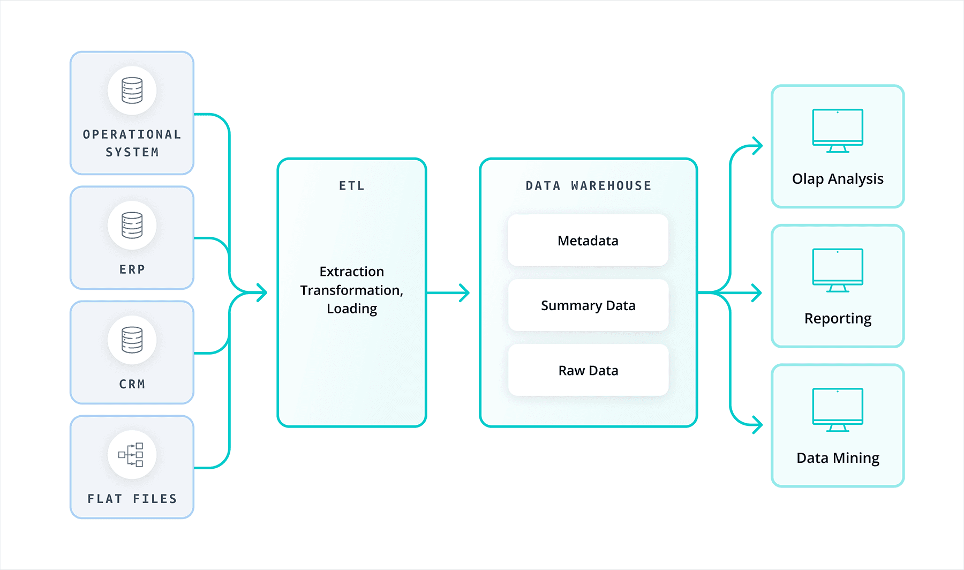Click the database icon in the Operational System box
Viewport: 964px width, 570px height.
click(x=132, y=90)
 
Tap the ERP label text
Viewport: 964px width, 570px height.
click(x=132, y=269)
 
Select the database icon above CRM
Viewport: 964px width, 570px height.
click(x=132, y=340)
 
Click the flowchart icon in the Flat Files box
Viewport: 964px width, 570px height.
click(x=131, y=455)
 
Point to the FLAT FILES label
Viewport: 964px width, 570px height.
click(x=132, y=499)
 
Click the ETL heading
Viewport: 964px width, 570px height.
click(x=352, y=186)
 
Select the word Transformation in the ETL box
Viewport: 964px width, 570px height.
click(x=351, y=290)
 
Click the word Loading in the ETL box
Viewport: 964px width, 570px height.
click(x=352, y=309)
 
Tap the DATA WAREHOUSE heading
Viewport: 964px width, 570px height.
click(x=588, y=186)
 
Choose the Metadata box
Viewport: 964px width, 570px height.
click(x=588, y=241)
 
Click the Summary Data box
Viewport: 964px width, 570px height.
click(x=588, y=305)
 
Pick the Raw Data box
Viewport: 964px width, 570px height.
click(x=588, y=370)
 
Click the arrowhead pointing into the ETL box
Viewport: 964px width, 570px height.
click(x=262, y=292)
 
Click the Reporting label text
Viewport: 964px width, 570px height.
click(x=838, y=318)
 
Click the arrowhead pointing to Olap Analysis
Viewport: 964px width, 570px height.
click(x=757, y=146)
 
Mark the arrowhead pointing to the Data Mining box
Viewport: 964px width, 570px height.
click(x=757, y=425)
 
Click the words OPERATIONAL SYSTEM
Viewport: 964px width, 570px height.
click(x=132, y=143)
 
